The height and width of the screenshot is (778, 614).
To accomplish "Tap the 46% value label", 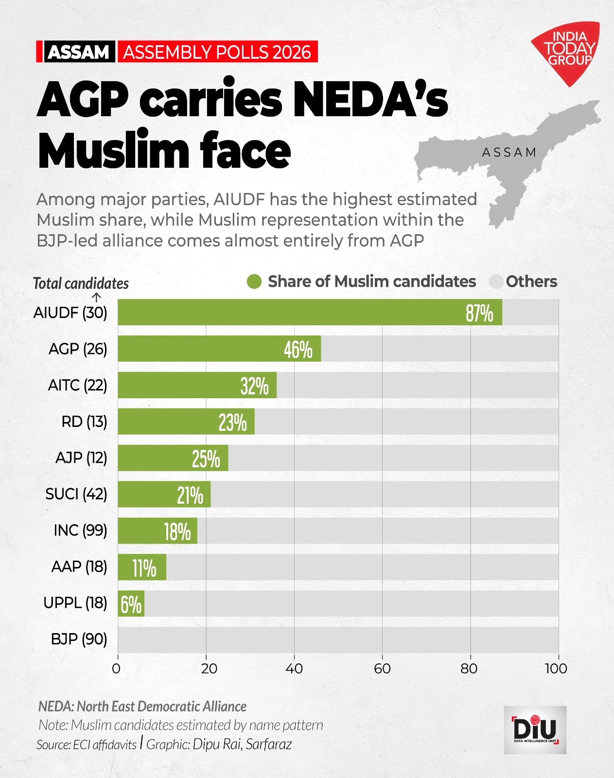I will click(298, 349).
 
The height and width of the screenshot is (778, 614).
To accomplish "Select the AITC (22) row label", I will click(77, 385).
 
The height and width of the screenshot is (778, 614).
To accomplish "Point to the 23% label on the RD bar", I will click(232, 422).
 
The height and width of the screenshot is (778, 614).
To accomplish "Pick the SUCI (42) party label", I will click(76, 494).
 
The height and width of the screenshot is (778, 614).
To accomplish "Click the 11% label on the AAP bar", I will click(144, 567).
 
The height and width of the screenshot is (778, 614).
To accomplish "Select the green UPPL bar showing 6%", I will click(131, 604).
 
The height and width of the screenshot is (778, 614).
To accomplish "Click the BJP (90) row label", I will click(79, 639).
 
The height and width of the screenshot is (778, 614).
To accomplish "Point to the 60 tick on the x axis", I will click(382, 669).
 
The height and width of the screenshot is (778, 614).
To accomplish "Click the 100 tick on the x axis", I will click(556, 669).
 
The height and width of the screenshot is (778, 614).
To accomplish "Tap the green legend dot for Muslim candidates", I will click(254, 282).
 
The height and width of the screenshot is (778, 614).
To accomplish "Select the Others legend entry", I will click(524, 282).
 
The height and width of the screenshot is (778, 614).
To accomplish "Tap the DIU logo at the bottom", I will click(535, 729).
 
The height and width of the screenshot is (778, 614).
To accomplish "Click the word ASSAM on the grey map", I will click(509, 153).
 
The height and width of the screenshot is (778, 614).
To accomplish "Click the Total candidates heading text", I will click(81, 283).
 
